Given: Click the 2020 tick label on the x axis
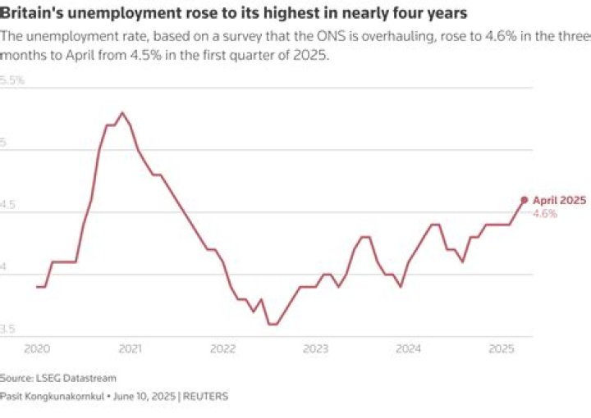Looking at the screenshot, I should (37, 349).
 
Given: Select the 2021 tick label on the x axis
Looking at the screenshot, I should (130, 349).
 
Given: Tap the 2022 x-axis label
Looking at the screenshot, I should (222, 349).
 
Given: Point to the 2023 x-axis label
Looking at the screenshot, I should (315, 349).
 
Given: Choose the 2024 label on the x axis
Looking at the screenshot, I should (408, 349).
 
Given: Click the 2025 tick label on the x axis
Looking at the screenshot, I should (501, 349).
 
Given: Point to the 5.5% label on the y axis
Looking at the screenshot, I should (12, 80).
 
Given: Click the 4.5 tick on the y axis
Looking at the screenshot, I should (9, 206).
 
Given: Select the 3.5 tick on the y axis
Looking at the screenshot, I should (9, 329).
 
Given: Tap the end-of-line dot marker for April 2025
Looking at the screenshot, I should (525, 199).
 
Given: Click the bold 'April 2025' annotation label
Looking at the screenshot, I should (559, 200).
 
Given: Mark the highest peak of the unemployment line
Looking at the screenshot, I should (121, 112).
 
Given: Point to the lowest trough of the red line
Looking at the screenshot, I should (273, 325).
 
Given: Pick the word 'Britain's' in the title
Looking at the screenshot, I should (30, 14).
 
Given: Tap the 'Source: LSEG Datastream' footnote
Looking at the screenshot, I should (58, 378).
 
